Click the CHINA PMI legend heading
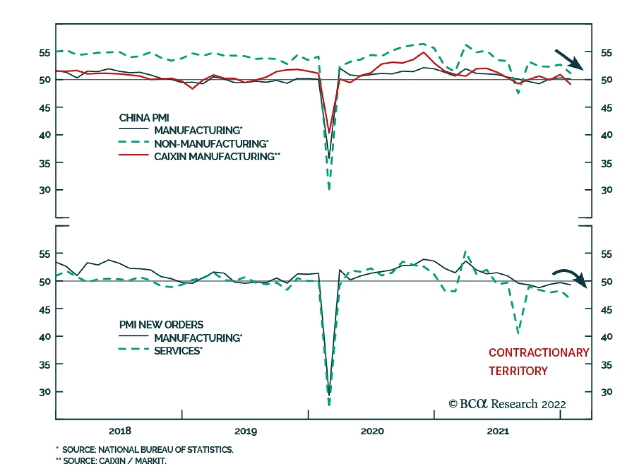[144, 118]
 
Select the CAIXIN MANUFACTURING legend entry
[217, 156]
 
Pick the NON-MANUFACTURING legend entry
[211, 143]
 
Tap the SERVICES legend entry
[178, 351]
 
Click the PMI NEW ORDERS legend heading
[161, 325]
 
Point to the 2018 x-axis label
[120, 431]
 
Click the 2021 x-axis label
[498, 431]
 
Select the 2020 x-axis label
[372, 431]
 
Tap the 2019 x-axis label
[246, 431]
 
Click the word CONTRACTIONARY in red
[539, 353]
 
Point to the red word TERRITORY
[518, 371]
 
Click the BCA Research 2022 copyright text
[507, 404]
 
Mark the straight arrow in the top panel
[569, 59]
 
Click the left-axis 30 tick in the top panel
[45, 190]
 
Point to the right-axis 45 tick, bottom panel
[606, 310]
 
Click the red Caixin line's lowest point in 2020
[329, 132]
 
